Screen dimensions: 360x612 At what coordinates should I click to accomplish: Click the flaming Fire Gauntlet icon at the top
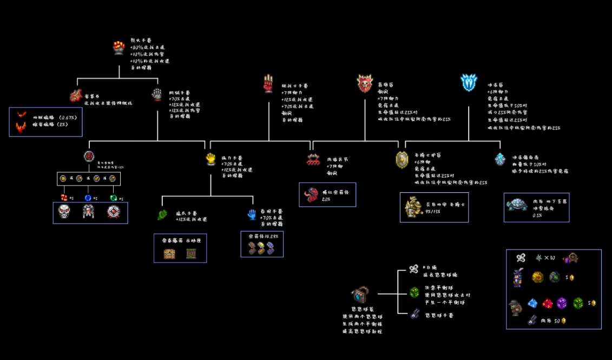tap(120, 48)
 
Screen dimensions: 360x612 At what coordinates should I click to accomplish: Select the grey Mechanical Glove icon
tap(157, 95)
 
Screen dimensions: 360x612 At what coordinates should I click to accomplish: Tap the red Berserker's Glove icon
tap(268, 83)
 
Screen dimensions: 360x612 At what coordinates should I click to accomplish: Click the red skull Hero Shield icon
tap(365, 83)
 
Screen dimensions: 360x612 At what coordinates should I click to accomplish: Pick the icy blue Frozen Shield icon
tap(469, 82)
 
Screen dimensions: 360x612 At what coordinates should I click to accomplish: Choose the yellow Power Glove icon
tap(211, 159)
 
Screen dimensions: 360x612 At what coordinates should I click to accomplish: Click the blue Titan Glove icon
tap(252, 214)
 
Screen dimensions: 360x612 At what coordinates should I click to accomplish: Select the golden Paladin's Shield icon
tap(402, 160)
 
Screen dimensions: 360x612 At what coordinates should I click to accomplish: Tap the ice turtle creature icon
tap(516, 205)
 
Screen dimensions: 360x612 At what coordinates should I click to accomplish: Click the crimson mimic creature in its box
tap(313, 194)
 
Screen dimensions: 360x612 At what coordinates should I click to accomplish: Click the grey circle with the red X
tap(89, 157)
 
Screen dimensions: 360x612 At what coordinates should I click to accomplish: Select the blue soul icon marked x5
tap(88, 198)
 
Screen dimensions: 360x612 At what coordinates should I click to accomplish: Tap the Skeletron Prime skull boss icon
tap(64, 212)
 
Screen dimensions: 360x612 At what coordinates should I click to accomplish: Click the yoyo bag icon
tap(360, 296)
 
